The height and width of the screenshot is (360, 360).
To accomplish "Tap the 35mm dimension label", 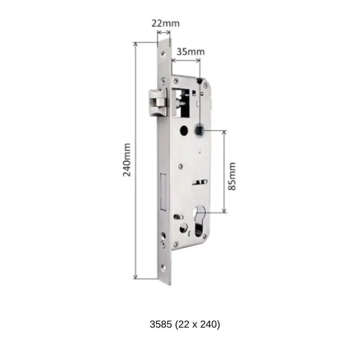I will [190, 51].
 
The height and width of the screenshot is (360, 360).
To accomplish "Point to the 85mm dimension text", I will [232, 176].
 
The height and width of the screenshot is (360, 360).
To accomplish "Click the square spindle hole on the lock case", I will [198, 131].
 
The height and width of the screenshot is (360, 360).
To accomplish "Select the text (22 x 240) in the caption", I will [198, 324].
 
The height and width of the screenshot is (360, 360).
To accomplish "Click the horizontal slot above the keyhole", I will [198, 182].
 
